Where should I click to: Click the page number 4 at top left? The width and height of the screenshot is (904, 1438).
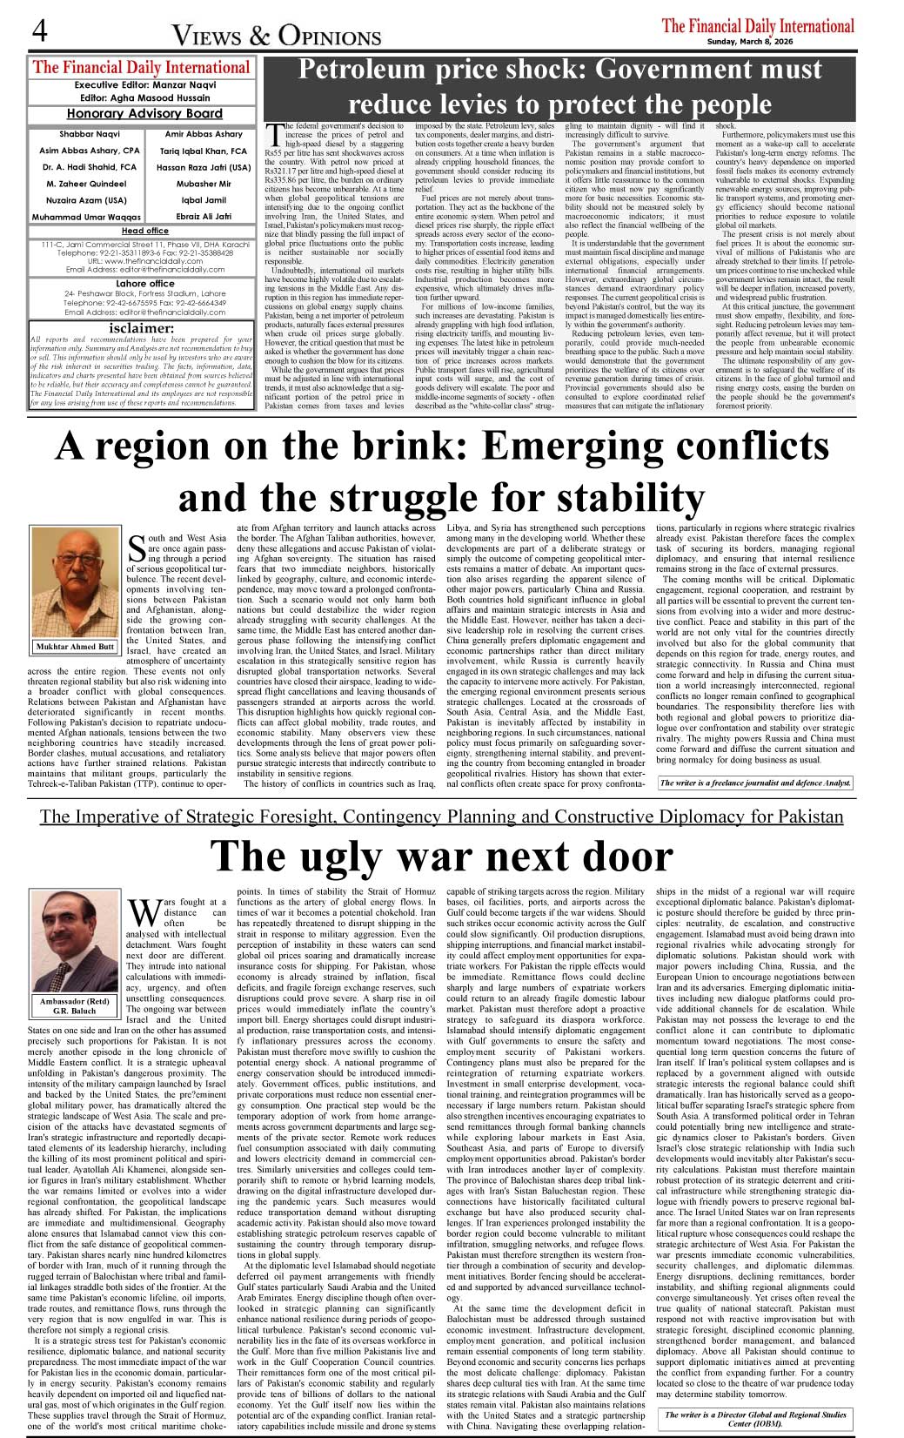(x=38, y=31)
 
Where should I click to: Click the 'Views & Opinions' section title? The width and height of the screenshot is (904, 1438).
(x=277, y=36)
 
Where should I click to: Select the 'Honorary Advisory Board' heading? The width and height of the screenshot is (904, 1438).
(x=144, y=113)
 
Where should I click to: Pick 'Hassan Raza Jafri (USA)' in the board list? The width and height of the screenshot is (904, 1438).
(x=204, y=167)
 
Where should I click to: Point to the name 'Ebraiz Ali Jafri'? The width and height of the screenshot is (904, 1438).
(x=204, y=217)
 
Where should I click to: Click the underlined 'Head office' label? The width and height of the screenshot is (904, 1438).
(x=144, y=231)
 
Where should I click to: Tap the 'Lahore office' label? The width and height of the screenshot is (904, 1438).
(x=144, y=284)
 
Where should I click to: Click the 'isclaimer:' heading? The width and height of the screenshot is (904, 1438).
(x=142, y=328)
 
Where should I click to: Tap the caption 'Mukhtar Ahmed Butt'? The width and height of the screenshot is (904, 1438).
(x=75, y=647)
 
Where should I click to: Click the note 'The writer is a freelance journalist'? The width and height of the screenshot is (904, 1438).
(x=754, y=783)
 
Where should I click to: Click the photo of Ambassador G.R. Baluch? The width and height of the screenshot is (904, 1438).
(x=74, y=941)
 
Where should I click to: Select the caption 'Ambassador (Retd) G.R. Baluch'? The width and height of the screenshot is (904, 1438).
(x=74, y=1006)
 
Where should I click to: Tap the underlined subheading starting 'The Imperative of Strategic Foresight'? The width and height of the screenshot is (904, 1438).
(x=441, y=816)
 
